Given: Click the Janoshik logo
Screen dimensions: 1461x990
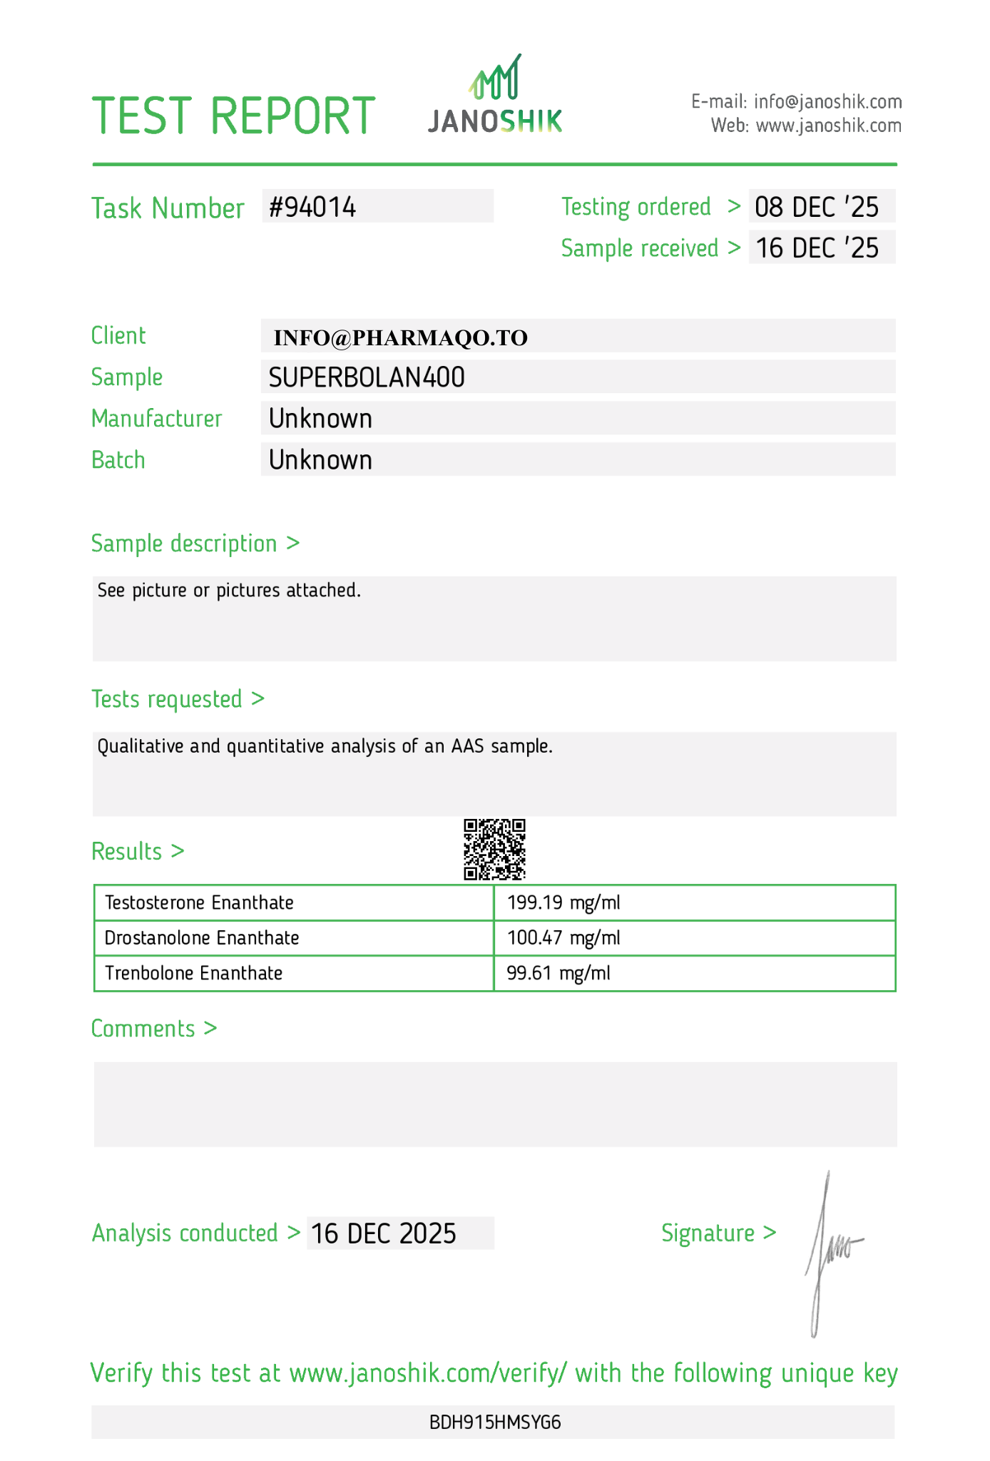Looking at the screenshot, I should pos(495,96).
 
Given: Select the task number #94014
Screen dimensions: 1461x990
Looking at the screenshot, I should pos(312,207).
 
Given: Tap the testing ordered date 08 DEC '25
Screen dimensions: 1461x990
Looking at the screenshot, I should pos(817,207).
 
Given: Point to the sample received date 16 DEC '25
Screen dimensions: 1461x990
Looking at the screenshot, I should pos(817,248).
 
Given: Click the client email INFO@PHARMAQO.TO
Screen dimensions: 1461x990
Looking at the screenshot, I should pos(401,337).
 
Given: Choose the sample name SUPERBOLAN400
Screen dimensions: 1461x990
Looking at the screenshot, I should pos(367,377).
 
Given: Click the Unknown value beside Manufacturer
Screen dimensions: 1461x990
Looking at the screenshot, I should pos(320,419).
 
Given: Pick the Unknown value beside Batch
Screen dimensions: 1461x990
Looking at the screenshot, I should pos(320,460).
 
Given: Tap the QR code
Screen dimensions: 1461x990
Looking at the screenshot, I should pos(494,849).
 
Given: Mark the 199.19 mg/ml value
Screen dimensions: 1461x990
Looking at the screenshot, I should pos(563,902).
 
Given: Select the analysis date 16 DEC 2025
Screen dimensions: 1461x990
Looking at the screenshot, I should pos(384,1233).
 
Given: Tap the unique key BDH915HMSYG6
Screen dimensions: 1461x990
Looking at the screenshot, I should pos(495,1422).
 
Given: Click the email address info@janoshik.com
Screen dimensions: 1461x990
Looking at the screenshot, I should pos(827,101).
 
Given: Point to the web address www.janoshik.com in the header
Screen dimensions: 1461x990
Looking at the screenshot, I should pos(828,126).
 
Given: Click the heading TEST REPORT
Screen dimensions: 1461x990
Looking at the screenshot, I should pos(233,116).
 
